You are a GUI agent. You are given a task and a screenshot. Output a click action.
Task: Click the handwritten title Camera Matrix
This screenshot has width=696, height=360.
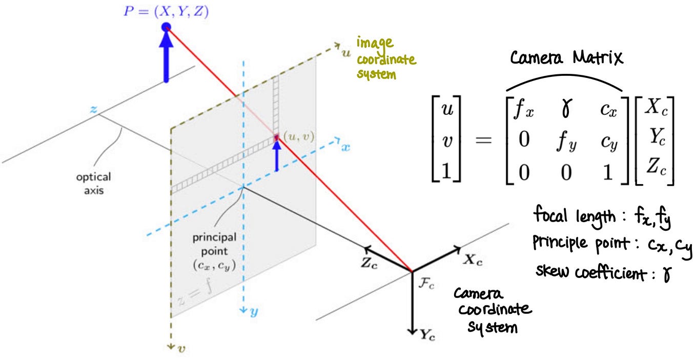click(566, 58)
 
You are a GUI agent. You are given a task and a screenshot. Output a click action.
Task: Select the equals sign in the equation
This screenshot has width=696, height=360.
click(485, 140)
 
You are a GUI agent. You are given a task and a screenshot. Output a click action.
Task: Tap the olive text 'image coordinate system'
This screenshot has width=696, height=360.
click(386, 57)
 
